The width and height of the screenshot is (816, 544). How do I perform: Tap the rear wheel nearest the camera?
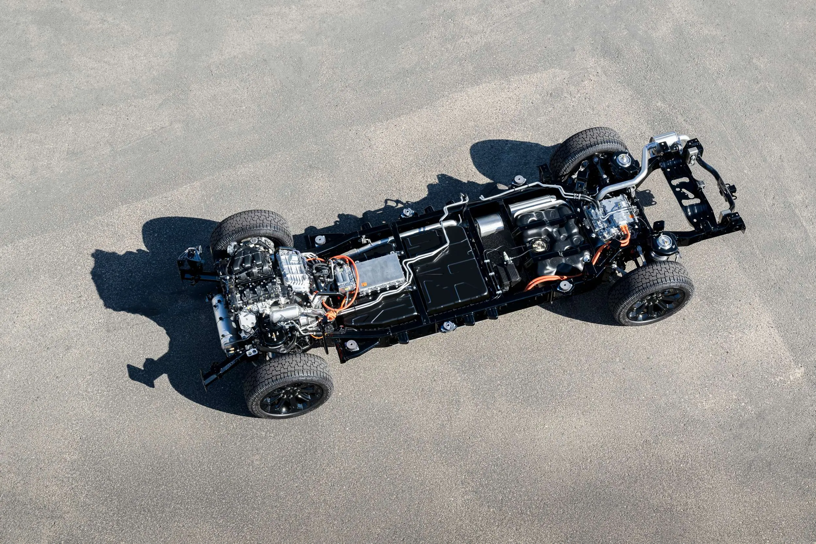coord(651,293)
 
